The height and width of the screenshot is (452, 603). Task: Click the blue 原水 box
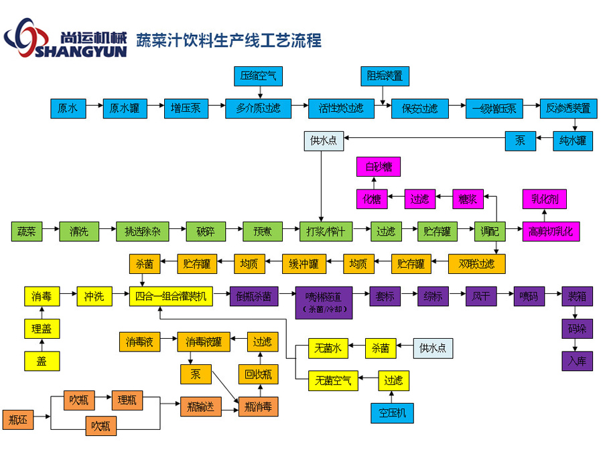coord(68,108)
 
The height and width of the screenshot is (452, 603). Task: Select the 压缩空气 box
coord(258,76)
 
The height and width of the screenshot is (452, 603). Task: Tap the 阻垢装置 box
coord(385,76)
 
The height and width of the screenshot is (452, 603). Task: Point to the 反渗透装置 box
coord(567,108)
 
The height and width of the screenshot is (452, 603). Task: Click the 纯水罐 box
coord(573,141)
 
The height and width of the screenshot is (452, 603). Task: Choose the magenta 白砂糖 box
coord(378,167)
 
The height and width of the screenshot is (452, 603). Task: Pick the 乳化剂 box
coord(544,199)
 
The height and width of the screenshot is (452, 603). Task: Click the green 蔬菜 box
coord(27,232)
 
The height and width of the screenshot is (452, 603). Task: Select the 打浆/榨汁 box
coord(326,232)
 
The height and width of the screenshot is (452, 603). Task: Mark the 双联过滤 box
coord(476,264)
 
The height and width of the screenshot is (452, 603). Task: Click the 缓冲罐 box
coord(304,264)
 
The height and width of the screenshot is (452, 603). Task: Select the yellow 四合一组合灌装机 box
coord(171,297)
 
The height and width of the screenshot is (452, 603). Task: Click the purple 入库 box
coord(577,361)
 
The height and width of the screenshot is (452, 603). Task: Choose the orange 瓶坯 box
coord(18,420)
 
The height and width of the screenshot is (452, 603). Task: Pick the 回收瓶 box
coord(259,374)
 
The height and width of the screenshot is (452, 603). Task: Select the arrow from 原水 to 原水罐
coord(94,108)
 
